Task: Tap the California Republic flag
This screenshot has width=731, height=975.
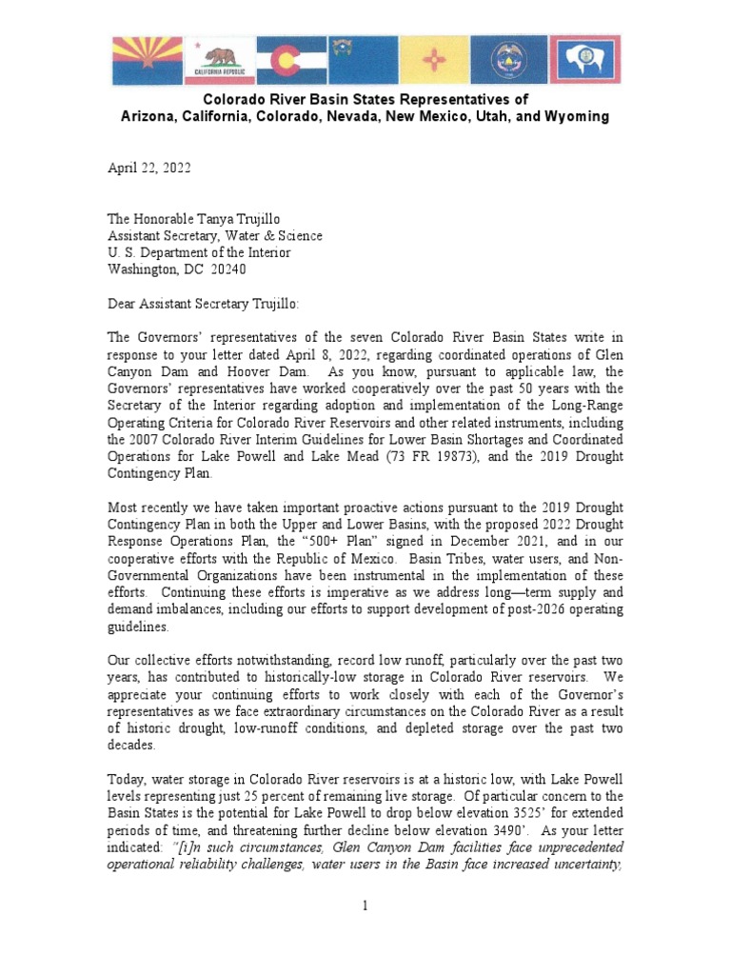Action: [221, 61]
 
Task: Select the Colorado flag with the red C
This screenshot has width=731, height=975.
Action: [292, 61]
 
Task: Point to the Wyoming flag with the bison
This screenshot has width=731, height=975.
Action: [584, 61]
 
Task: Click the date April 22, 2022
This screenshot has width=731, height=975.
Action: [148, 169]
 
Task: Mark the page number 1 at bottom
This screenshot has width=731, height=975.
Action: [365, 905]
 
